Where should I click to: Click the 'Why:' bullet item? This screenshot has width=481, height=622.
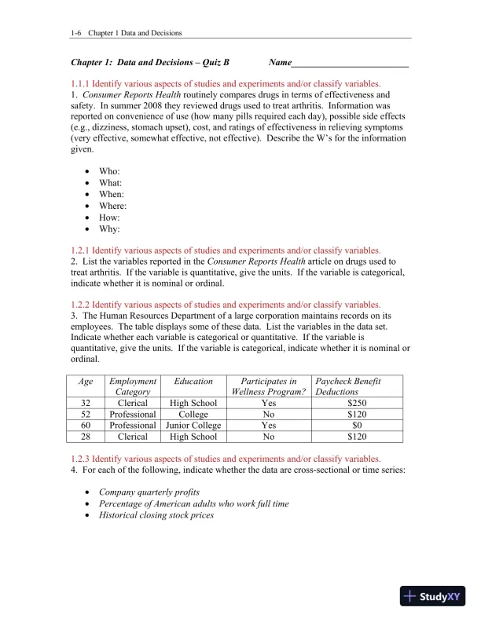108,229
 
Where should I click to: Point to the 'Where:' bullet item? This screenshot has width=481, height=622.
112,206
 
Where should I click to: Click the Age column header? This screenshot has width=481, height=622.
86,381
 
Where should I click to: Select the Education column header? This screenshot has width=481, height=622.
193,381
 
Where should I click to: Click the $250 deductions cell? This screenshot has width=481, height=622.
358,403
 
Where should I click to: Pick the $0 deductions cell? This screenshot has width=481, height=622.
358,425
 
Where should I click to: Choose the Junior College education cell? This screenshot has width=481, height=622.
193,425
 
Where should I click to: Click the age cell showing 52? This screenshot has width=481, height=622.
86,414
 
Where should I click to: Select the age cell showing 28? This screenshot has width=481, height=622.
86,436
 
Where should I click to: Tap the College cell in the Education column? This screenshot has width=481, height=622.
193,414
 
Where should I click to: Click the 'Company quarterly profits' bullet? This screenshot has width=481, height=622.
149,492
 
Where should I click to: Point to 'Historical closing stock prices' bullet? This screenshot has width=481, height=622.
156,515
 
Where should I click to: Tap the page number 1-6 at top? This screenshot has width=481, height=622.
76,33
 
